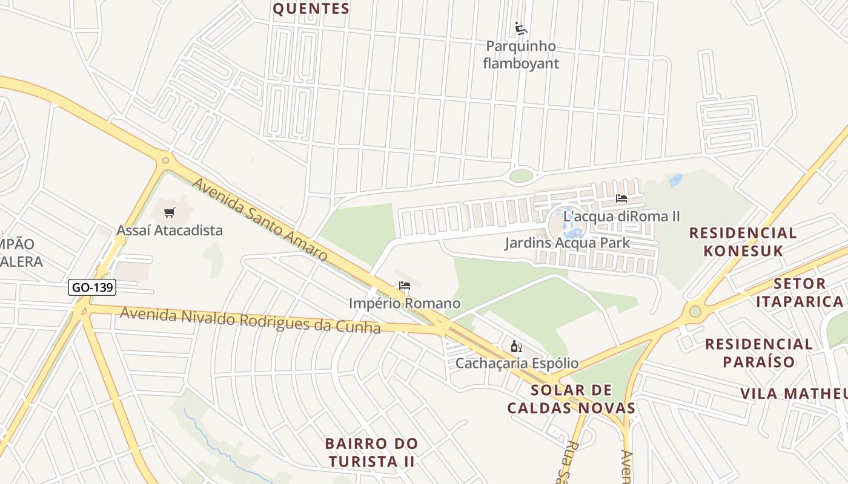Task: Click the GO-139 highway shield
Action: point(92,287)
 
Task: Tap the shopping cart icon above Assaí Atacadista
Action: point(170,212)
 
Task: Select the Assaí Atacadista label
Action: point(170,231)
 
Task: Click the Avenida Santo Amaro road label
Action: point(260,220)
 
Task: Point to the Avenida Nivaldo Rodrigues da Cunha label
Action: point(250,321)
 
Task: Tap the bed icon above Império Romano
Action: point(405,286)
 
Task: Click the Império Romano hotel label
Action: point(405,303)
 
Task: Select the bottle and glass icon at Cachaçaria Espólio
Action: point(517,346)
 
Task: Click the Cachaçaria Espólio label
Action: point(517,364)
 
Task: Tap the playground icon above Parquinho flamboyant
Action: point(521,28)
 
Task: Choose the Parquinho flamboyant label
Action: point(521,54)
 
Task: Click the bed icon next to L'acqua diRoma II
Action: point(621,198)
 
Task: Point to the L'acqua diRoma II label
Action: point(621,216)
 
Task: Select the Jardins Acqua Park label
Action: point(568,243)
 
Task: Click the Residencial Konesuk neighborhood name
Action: point(743,241)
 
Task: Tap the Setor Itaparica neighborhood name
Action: point(808,292)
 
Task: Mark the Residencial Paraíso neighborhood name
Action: point(758,353)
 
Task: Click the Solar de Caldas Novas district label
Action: point(571,399)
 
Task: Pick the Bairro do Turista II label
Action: point(371,452)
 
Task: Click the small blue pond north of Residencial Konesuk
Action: point(675,180)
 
